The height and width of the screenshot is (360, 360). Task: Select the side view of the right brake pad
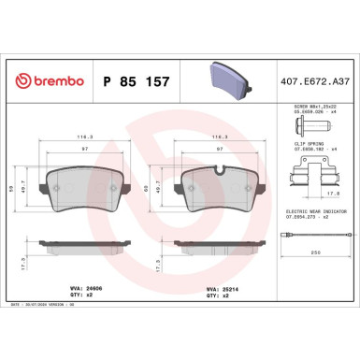[x=220, y=252]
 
